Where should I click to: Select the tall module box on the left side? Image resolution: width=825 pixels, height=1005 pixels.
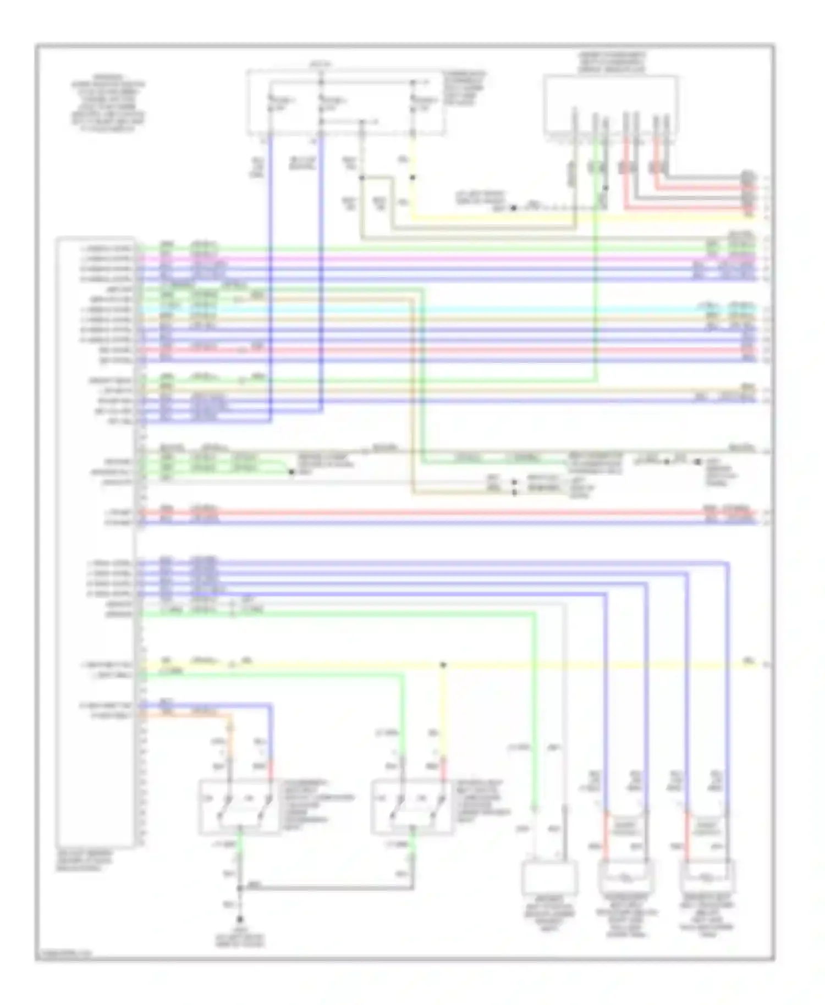96,542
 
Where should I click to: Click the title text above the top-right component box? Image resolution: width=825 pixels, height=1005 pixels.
611,62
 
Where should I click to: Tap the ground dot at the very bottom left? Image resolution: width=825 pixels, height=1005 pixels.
240,918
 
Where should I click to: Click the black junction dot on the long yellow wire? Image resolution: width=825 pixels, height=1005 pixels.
443,665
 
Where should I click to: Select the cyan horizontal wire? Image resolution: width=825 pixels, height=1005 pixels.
440,310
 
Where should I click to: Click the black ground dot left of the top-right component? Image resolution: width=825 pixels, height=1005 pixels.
513,208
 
